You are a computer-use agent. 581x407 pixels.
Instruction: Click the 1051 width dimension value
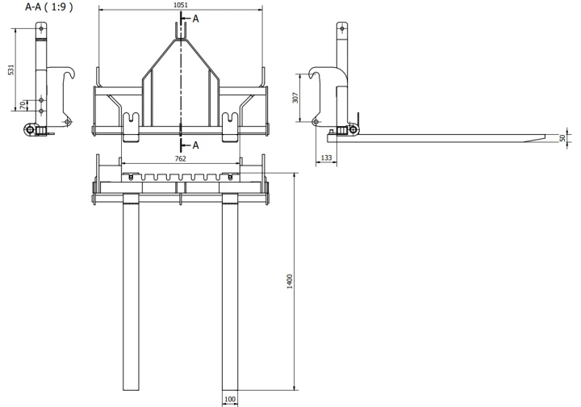click(181, 5)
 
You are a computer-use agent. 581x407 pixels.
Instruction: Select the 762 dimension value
click(180, 158)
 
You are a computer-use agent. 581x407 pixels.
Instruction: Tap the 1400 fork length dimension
click(290, 281)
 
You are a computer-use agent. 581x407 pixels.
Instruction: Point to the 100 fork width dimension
click(230, 399)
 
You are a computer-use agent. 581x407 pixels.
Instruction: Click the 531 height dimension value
click(11, 69)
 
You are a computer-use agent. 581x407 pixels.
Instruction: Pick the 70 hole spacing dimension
click(23, 105)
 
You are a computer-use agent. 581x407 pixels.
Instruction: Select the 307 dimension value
click(295, 98)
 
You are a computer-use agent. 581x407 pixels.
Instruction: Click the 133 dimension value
click(326, 158)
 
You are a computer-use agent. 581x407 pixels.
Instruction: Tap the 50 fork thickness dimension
click(562, 138)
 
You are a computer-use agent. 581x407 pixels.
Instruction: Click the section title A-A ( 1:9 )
click(49, 7)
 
